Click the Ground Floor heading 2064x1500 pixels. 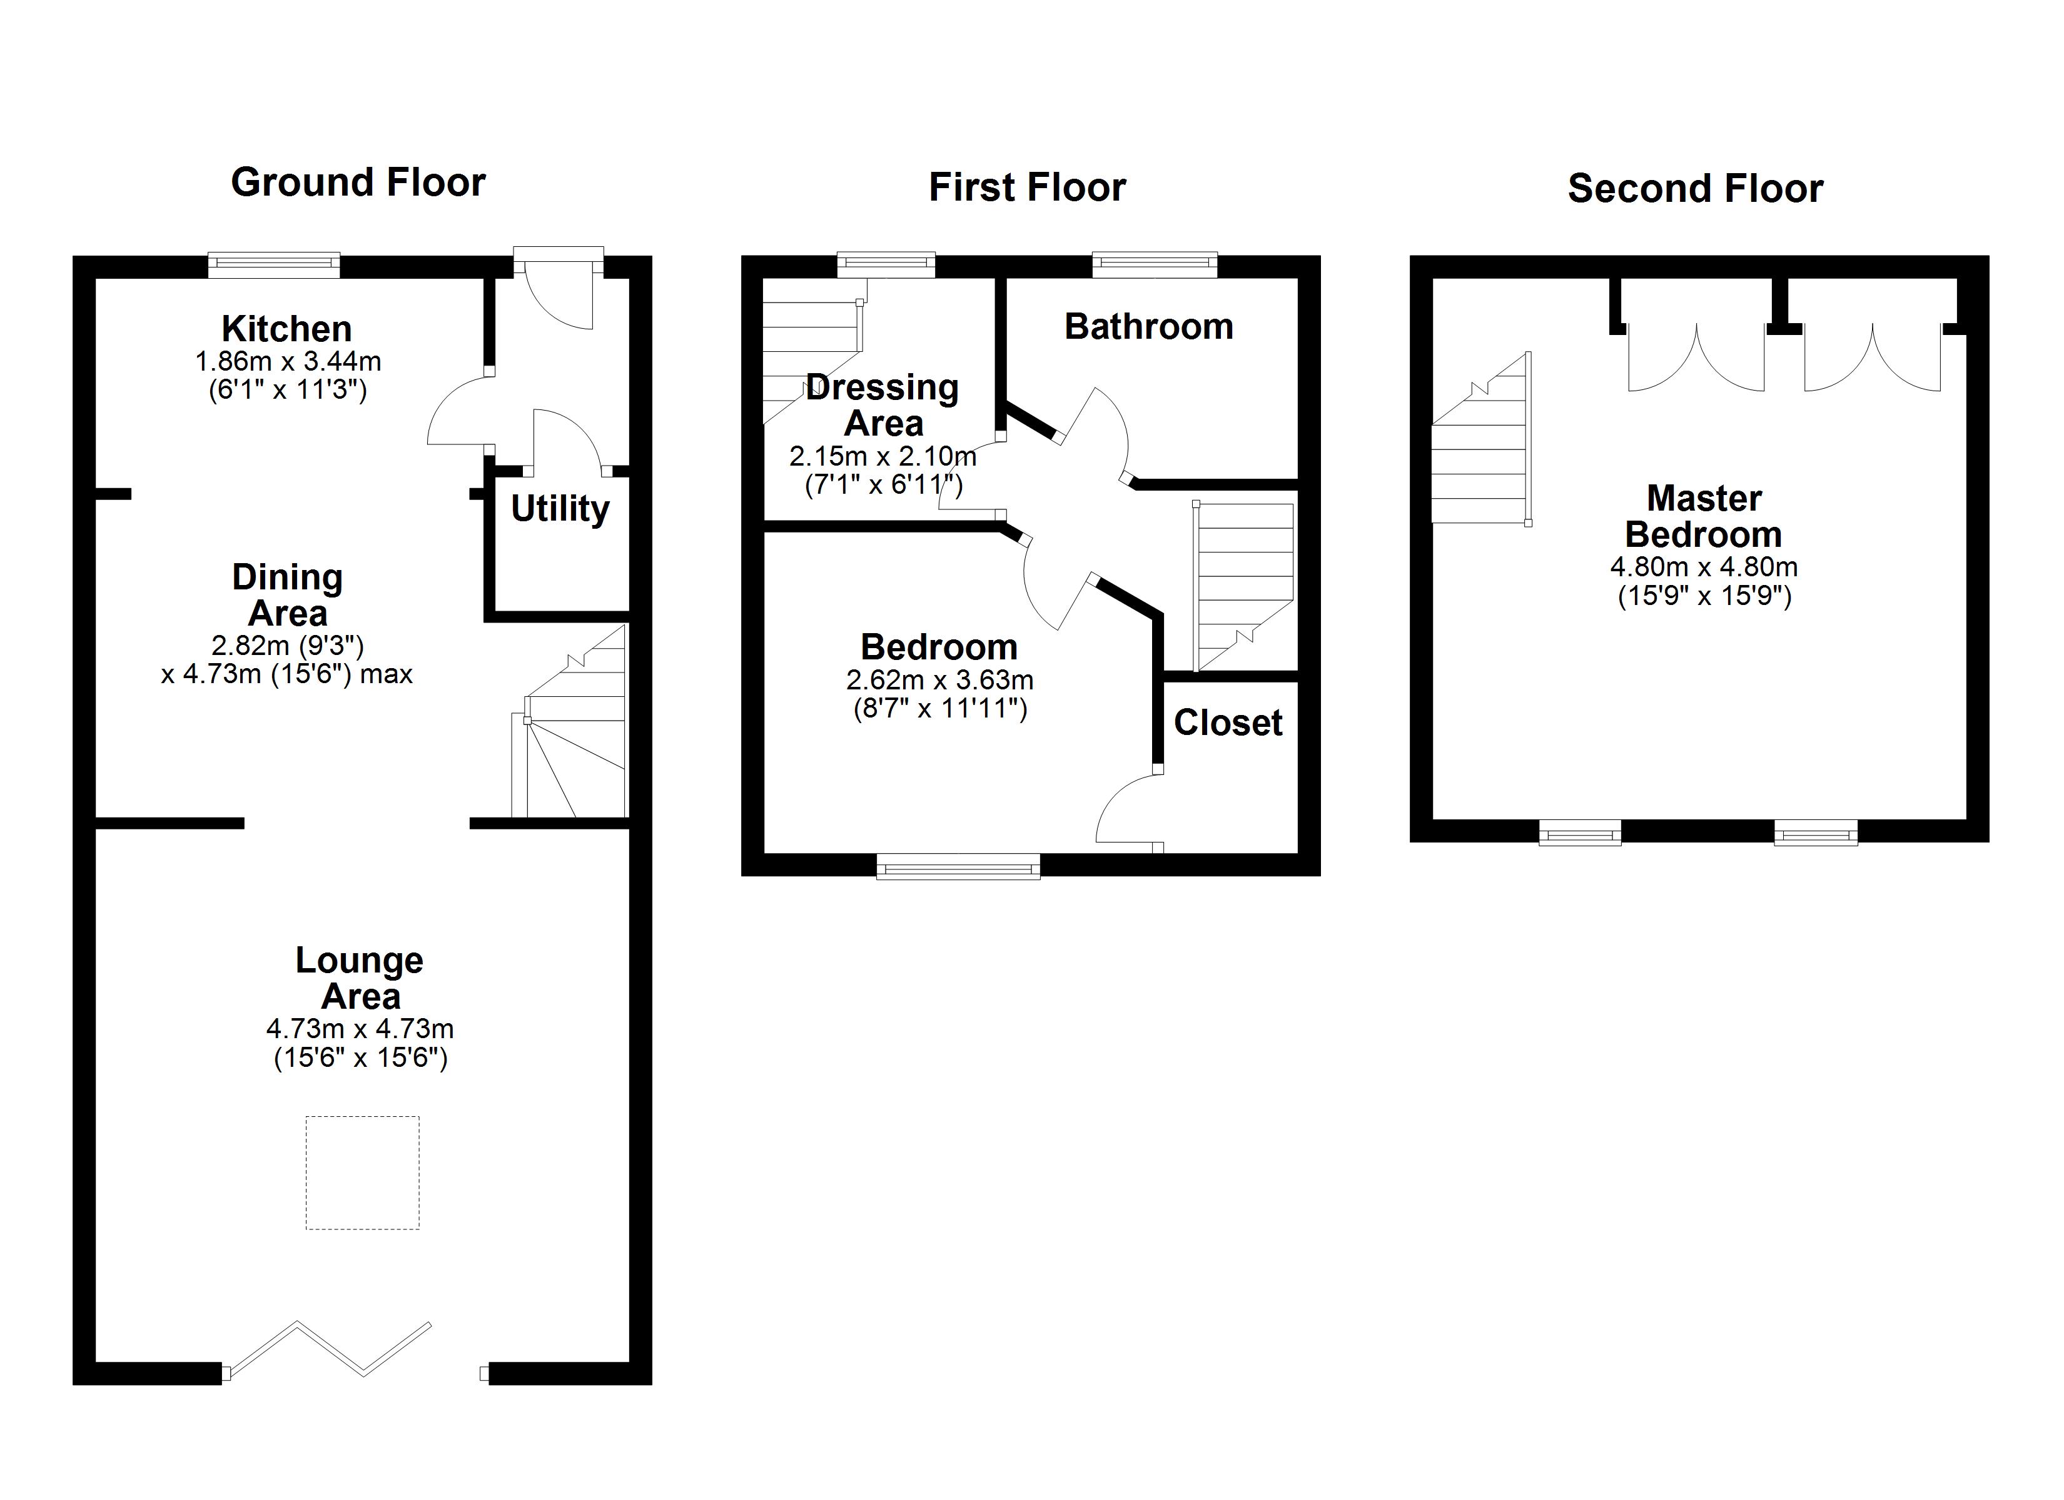pos(358,183)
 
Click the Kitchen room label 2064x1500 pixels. pos(286,328)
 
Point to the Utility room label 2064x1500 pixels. pos(560,509)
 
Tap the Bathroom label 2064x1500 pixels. pos(1148,326)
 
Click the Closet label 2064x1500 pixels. pos(1228,722)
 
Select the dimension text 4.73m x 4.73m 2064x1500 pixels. pos(360,1029)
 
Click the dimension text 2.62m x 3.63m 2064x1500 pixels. pos(939,679)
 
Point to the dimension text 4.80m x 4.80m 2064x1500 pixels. pos(1704,567)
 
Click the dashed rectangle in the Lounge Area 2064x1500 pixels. pos(362,1172)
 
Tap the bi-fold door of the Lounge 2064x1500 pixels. pos(328,1347)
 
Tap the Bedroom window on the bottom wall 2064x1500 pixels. pos(958,866)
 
